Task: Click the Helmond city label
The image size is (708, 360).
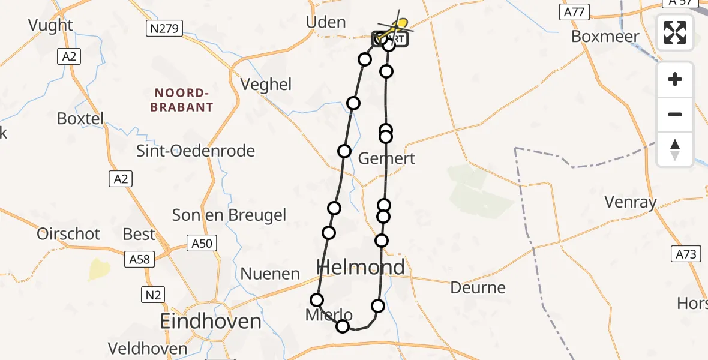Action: (360, 267)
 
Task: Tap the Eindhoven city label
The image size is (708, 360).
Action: (211, 321)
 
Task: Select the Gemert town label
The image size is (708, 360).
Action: (386, 158)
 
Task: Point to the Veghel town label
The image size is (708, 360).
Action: (266, 85)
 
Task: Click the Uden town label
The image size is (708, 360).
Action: (326, 23)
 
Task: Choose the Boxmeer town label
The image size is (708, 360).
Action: (605, 36)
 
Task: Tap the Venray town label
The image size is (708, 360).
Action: (630, 202)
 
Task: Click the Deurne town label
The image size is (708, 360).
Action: (478, 288)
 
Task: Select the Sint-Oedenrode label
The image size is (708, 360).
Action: (196, 151)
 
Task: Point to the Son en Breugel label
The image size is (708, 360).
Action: (229, 215)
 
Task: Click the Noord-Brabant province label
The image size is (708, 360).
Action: (184, 100)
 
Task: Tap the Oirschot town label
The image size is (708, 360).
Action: (68, 234)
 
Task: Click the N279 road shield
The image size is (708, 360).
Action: (164, 28)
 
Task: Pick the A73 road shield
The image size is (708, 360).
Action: (685, 254)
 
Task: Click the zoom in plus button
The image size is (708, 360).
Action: (675, 79)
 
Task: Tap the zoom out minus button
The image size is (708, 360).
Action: (675, 114)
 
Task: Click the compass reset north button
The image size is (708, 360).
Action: (675, 149)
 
